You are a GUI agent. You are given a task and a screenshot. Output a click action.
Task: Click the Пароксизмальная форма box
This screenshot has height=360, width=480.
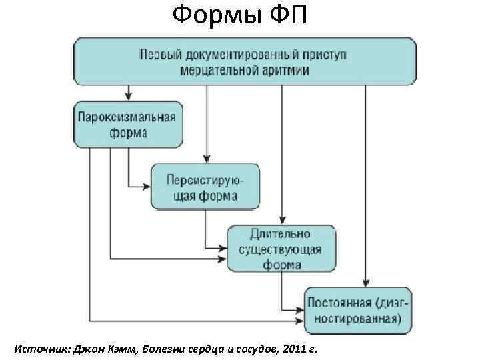pyautogui.click(x=127, y=124)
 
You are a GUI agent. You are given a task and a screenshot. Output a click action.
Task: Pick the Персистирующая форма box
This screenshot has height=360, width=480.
pyautogui.click(x=205, y=187)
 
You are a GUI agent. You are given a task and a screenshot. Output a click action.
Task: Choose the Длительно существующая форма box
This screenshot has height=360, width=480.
pyautogui.click(x=281, y=249)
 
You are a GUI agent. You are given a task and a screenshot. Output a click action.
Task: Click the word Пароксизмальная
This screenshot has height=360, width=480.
pyautogui.click(x=127, y=117)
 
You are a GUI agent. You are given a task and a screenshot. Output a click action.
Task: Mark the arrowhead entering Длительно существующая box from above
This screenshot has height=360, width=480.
pyautogui.click(x=283, y=221)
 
